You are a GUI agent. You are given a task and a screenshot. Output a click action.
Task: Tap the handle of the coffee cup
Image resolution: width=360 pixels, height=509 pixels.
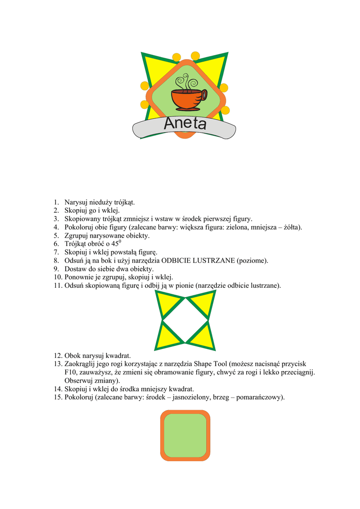point(204,95)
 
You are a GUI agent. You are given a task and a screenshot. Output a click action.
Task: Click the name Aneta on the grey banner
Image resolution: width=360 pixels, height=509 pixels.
point(184,124)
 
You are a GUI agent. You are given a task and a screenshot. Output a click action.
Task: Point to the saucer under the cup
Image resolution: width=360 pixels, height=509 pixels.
point(187,109)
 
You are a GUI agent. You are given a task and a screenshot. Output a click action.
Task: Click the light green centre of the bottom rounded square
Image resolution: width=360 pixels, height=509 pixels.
point(185,435)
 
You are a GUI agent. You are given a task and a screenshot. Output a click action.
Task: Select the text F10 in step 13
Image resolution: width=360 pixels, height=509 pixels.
point(70,372)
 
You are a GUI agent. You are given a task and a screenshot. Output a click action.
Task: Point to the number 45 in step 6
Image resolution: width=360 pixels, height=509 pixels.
point(115,244)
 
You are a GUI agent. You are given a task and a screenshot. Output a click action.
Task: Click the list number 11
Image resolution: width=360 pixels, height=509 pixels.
point(58,286)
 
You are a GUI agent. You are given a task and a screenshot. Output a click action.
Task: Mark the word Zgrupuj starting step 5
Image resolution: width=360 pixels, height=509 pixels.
point(78,236)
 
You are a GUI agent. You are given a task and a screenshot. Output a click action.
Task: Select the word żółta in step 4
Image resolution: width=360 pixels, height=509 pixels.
point(291,227)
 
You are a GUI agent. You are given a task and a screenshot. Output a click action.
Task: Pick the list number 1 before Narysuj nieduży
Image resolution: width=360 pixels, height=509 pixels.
point(56,202)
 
